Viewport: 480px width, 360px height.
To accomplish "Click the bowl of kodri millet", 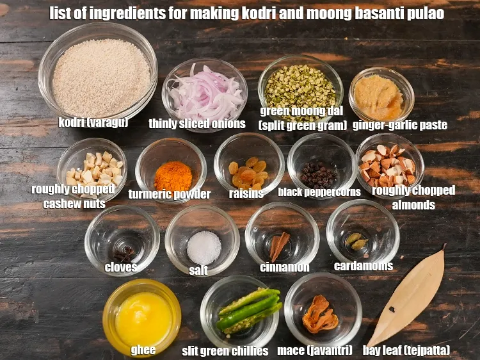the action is point(97,74).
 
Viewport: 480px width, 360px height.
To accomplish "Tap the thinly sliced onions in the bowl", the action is point(205,93).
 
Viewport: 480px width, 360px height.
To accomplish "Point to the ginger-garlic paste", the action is point(379,97).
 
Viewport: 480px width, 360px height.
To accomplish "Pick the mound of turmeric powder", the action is point(173,177).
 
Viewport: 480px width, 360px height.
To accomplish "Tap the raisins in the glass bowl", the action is point(248,172).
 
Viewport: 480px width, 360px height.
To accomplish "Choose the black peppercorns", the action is point(318,176).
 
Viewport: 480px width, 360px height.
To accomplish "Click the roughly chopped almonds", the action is point(388,165).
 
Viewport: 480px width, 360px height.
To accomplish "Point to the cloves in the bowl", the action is point(124,254).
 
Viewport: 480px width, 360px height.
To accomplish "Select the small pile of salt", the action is point(204,248).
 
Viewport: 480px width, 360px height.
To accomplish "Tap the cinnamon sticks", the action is point(279,246).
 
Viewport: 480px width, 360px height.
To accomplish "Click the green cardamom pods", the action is point(356,241).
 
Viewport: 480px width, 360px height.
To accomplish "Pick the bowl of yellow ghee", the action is point(141,318).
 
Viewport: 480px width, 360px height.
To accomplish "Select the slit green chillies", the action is point(248,310).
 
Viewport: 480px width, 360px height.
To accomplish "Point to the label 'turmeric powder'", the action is point(170,194).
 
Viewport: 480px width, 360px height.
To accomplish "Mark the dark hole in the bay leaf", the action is point(392,309).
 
